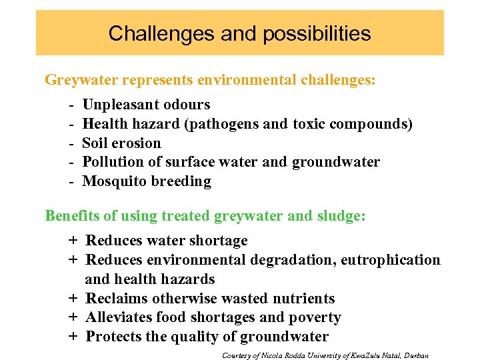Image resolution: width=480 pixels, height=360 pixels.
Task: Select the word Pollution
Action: pos(113,162)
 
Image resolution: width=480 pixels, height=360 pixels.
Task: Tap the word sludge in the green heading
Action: pos(343,216)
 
